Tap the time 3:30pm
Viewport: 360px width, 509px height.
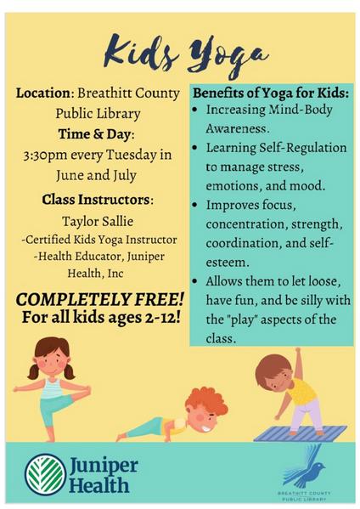click(x=45, y=156)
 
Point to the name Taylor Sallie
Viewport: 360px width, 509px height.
click(x=98, y=222)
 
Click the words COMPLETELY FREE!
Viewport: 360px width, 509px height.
click(x=99, y=300)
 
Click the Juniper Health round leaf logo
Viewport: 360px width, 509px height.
click(x=46, y=474)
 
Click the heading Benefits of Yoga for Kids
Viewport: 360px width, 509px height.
click(x=271, y=93)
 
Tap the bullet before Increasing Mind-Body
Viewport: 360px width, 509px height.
click(x=195, y=110)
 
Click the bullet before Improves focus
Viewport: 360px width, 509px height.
click(x=195, y=206)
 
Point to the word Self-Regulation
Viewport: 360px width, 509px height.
click(x=303, y=148)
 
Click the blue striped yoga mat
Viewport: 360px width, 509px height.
click(x=301, y=433)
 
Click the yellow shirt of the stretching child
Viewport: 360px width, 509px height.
click(x=301, y=390)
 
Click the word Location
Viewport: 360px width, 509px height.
click(x=42, y=93)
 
